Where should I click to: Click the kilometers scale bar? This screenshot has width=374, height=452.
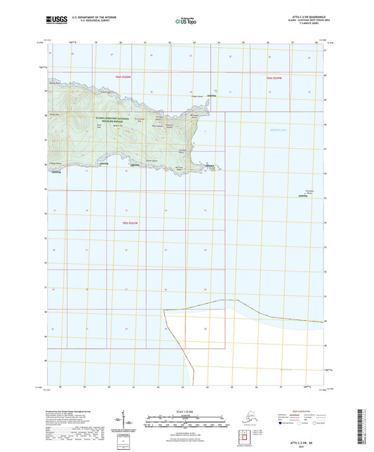coord(187,416)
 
